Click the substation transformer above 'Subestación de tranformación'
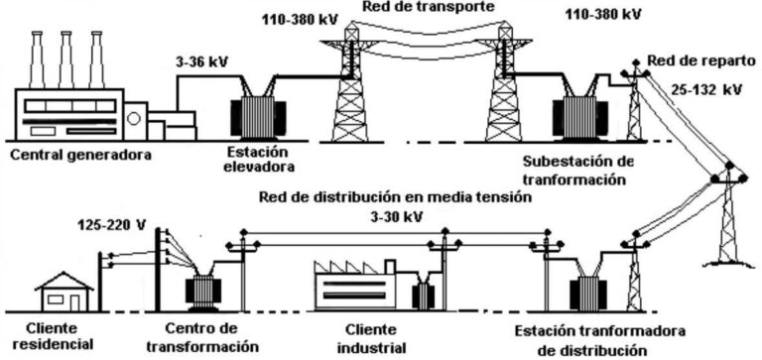point(576,109)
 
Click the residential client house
point(63,292)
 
